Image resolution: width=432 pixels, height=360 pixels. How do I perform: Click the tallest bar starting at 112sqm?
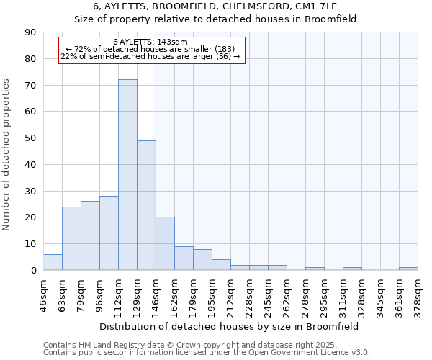point(127,175)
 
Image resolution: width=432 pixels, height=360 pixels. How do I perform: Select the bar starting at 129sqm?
point(146,205)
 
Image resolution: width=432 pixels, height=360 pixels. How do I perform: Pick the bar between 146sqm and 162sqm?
point(165,243)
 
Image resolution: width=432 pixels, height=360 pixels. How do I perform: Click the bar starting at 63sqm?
point(71,238)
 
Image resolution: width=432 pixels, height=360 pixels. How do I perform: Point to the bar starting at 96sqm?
point(109,233)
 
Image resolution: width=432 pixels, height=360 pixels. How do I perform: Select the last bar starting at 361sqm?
point(408,269)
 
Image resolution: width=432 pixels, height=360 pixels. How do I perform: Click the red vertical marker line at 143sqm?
point(153,180)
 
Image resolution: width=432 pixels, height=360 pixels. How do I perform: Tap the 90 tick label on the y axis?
point(31,32)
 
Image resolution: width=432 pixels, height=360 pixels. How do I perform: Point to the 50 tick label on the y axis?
point(31,138)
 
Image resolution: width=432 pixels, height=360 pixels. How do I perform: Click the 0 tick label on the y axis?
point(34,271)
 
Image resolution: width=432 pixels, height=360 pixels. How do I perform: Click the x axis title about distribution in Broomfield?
point(230,326)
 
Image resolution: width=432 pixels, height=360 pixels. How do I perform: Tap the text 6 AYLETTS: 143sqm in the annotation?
point(150,42)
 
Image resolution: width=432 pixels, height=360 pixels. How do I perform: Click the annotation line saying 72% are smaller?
point(150,49)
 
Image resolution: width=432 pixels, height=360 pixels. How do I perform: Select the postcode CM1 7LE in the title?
point(328,6)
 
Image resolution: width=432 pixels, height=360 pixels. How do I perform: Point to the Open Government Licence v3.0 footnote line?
point(206,353)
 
